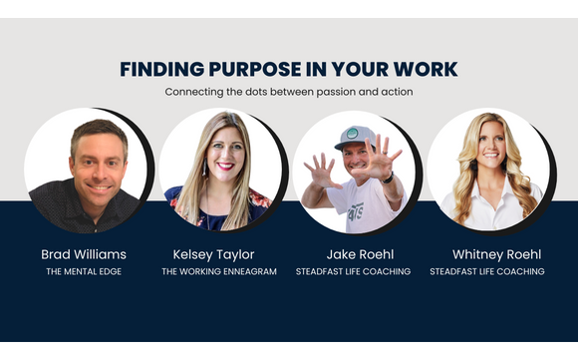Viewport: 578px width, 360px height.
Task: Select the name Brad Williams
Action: (x=84, y=253)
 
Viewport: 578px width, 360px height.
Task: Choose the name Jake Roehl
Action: (x=354, y=253)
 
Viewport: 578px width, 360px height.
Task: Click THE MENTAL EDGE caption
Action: (x=84, y=271)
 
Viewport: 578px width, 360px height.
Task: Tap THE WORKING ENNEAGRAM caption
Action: (x=219, y=271)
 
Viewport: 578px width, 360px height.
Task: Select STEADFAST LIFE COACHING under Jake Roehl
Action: (x=354, y=271)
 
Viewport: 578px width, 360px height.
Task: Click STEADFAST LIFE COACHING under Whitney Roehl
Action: (x=488, y=271)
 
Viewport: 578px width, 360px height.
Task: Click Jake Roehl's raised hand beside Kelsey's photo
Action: (x=323, y=170)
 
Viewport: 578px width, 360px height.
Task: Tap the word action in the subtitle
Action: (x=397, y=93)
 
